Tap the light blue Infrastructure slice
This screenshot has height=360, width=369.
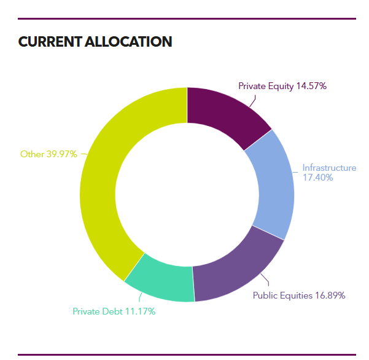tap(271, 184)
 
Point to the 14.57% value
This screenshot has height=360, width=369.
tap(311, 86)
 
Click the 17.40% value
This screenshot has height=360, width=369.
tap(317, 178)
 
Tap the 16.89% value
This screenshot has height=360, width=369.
tap(330, 295)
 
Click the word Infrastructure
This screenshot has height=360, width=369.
tap(329, 168)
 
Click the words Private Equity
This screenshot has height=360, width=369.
tap(266, 86)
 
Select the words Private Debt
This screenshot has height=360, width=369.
tap(97, 311)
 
